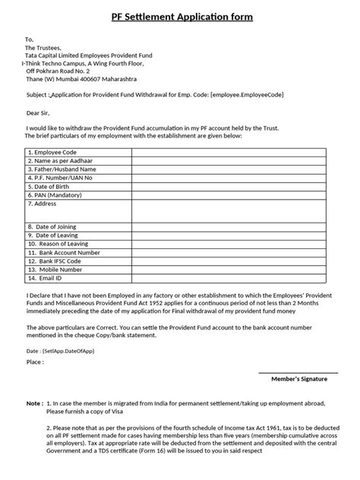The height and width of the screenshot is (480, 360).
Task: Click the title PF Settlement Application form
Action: (x=179, y=17)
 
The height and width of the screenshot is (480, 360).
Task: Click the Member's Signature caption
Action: (x=298, y=378)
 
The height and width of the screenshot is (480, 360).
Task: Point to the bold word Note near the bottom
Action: (x=34, y=404)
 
